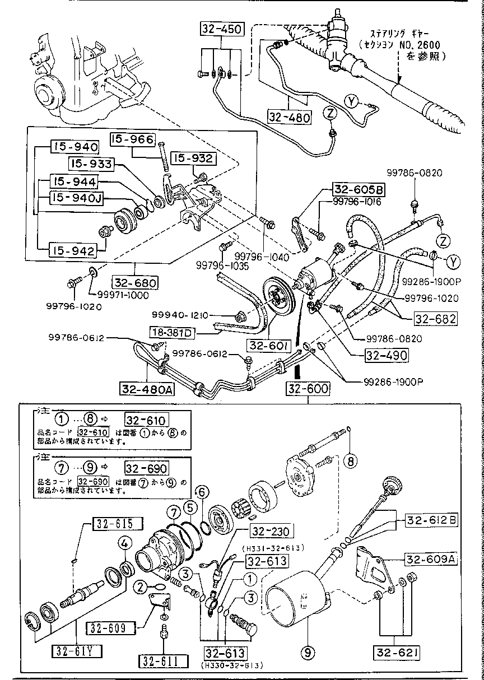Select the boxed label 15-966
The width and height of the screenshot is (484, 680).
[132, 139]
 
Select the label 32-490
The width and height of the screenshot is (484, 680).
[402, 355]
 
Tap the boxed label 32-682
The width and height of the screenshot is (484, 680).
[435, 319]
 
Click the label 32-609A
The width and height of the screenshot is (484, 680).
[430, 559]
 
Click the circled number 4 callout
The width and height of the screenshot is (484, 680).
[125, 543]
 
